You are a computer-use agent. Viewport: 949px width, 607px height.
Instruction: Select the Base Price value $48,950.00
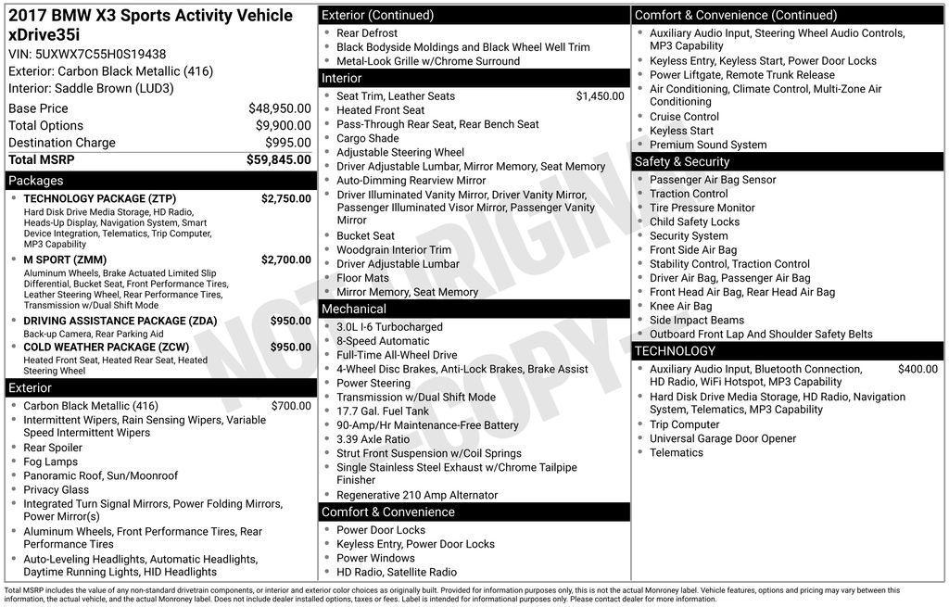[279, 108]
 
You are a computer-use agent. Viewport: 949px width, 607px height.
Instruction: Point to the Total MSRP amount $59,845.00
[278, 159]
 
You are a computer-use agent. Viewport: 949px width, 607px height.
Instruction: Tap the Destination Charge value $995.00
[289, 143]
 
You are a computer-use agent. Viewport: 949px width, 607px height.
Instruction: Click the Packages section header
[36, 181]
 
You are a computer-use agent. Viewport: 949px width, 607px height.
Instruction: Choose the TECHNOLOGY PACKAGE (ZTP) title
[99, 198]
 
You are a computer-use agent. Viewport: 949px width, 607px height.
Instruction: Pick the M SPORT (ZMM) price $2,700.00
[285, 259]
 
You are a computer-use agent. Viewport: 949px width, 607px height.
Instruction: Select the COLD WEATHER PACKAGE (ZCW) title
[108, 347]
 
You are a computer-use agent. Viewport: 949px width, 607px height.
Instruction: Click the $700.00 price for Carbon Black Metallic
[291, 406]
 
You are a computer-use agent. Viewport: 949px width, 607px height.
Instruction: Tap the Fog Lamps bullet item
[51, 462]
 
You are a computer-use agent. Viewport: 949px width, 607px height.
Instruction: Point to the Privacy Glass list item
[57, 489]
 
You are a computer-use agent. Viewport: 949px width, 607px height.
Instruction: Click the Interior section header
[342, 79]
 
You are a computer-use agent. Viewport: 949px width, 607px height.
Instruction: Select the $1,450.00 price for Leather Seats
[600, 95]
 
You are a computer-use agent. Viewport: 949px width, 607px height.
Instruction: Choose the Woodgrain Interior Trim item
[394, 249]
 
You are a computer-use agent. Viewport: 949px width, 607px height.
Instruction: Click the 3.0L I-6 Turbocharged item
[389, 327]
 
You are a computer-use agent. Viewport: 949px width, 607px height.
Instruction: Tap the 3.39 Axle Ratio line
[373, 439]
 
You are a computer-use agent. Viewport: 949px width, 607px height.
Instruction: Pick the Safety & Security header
[682, 162]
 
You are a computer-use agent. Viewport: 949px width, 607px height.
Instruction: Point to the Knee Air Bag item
[680, 306]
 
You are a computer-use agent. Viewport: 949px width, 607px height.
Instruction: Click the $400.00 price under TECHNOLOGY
[917, 369]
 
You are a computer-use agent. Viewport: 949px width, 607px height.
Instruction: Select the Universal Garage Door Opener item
[723, 438]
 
